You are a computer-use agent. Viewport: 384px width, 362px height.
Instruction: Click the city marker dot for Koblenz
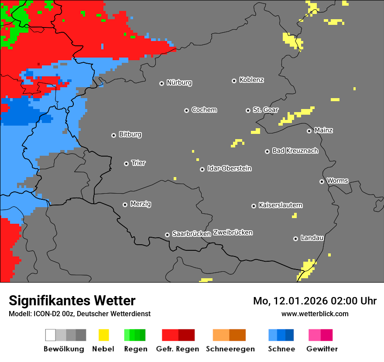tap(234, 81)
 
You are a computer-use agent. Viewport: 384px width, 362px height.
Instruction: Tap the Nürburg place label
tap(179, 82)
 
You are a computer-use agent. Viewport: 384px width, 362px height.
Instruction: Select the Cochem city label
tap(204, 110)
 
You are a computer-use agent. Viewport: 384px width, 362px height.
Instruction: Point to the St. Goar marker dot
tap(248, 110)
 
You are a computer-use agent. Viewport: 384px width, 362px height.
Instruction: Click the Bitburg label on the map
tap(130, 134)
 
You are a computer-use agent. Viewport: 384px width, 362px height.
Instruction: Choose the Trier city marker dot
tap(126, 164)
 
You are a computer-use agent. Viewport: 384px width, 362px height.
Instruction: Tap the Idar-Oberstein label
tap(229, 168)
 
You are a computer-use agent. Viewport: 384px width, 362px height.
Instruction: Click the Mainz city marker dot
tap(309, 131)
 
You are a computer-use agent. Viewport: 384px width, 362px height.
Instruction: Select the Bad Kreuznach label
tap(295, 150)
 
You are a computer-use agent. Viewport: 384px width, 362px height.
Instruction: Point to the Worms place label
tap(337, 181)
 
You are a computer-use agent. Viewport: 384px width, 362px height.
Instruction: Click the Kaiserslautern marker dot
tap(254, 206)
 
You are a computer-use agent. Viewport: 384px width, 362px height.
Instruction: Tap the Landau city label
tap(312, 238)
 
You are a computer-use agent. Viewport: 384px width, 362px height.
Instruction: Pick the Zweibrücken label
tap(233, 232)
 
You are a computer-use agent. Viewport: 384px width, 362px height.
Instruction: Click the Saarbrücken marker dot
tap(167, 235)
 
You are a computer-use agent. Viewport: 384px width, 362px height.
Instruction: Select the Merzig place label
tap(141, 204)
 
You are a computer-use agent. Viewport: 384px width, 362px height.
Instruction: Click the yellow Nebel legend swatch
tap(103, 335)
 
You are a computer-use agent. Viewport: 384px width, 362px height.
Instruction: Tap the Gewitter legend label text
tap(322, 349)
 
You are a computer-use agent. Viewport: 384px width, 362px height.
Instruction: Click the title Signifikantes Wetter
tap(72, 301)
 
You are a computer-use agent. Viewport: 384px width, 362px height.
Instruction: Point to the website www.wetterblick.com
tap(315, 314)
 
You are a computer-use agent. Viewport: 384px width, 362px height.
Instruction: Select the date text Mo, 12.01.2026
tap(294, 301)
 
